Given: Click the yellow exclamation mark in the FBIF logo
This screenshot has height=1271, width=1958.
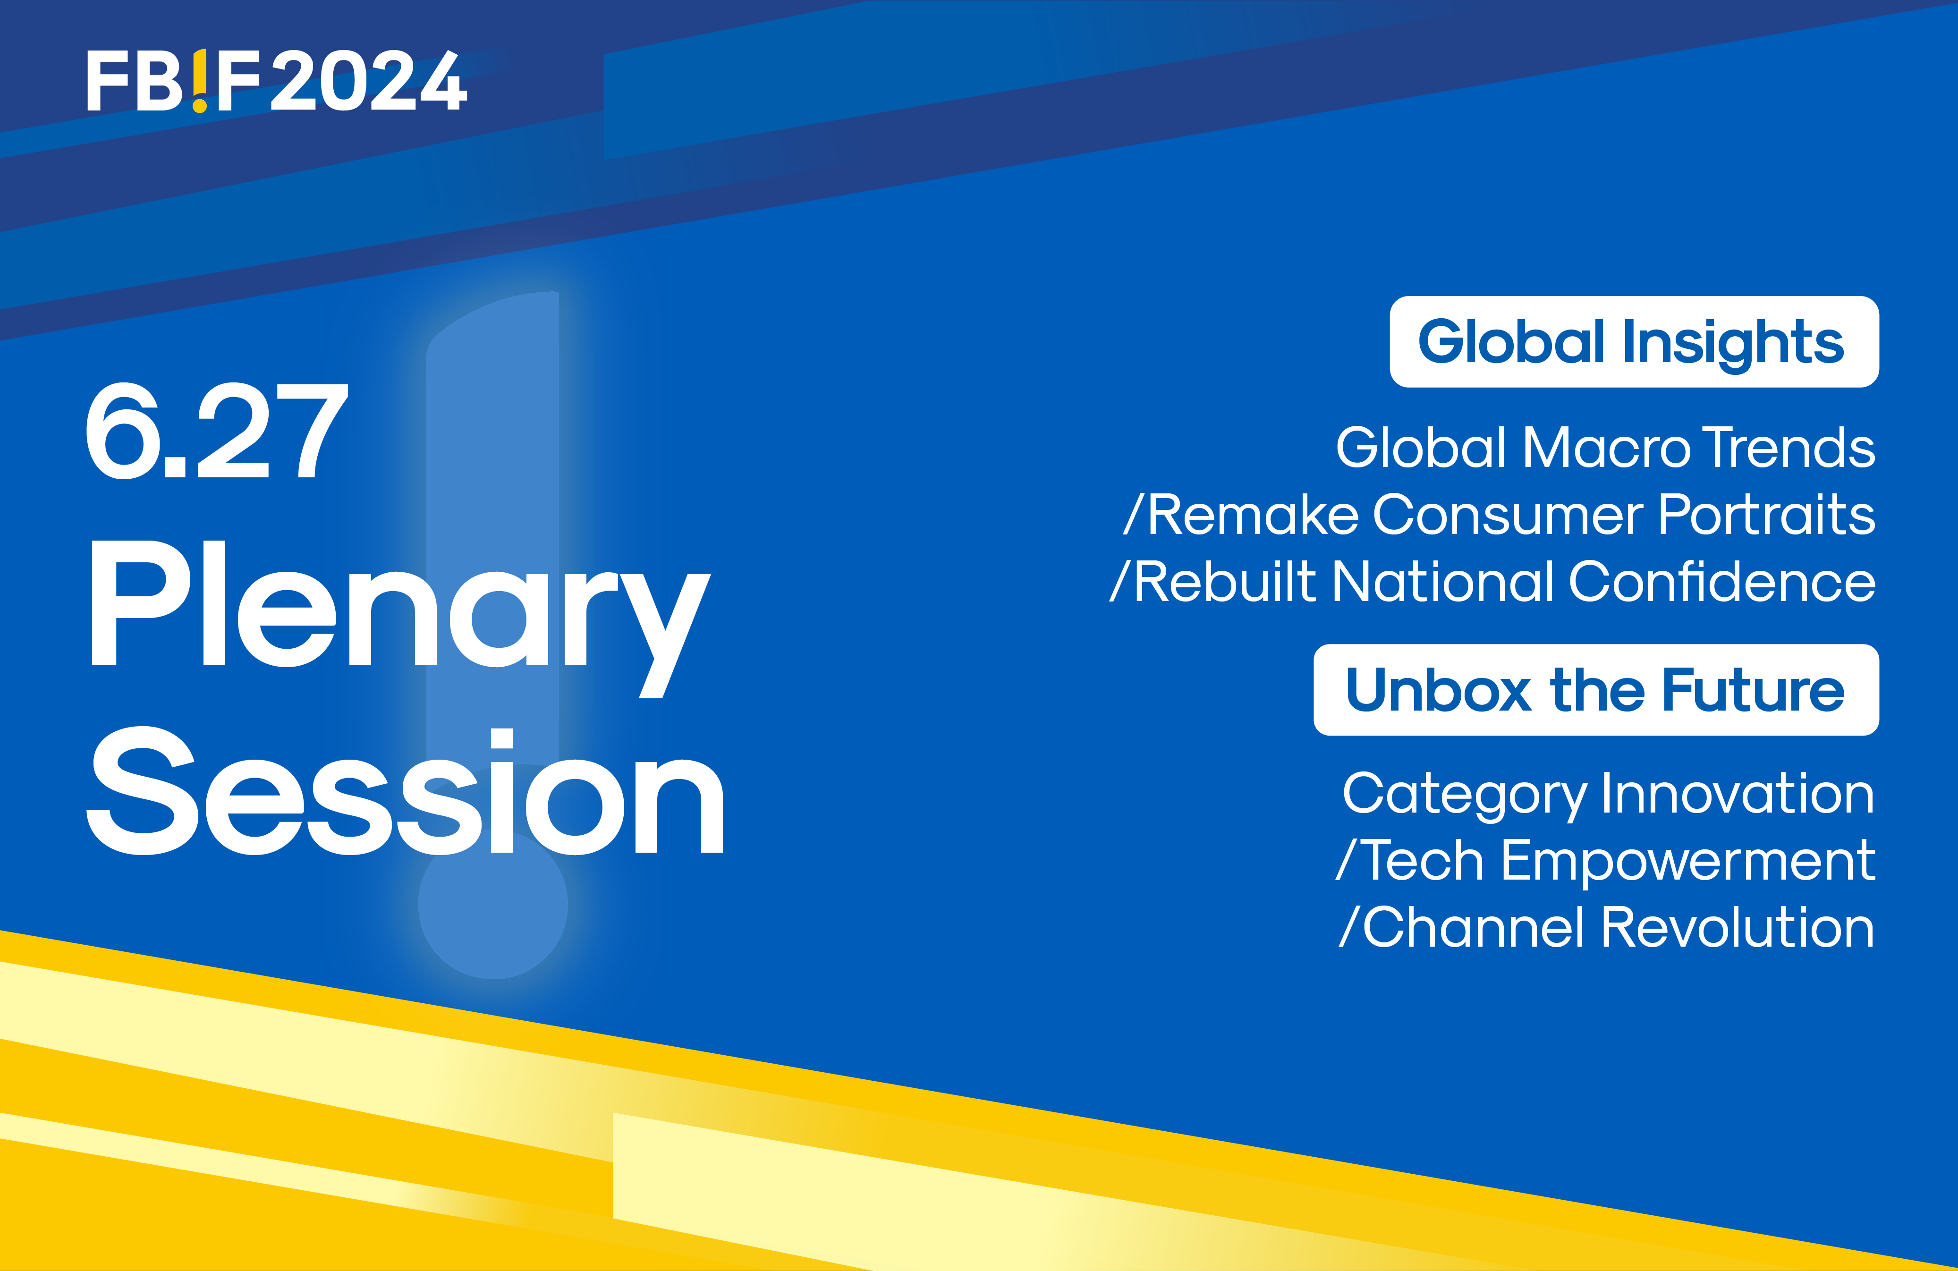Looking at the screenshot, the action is coord(200,81).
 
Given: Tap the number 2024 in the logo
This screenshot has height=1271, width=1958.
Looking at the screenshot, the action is coord(369,81).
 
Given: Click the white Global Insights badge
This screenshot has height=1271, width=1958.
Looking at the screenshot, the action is coord(1634,341).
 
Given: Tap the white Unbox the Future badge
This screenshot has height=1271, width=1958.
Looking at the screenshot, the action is coord(1596,689).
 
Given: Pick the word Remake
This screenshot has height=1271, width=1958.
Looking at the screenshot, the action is coord(1253,516).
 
